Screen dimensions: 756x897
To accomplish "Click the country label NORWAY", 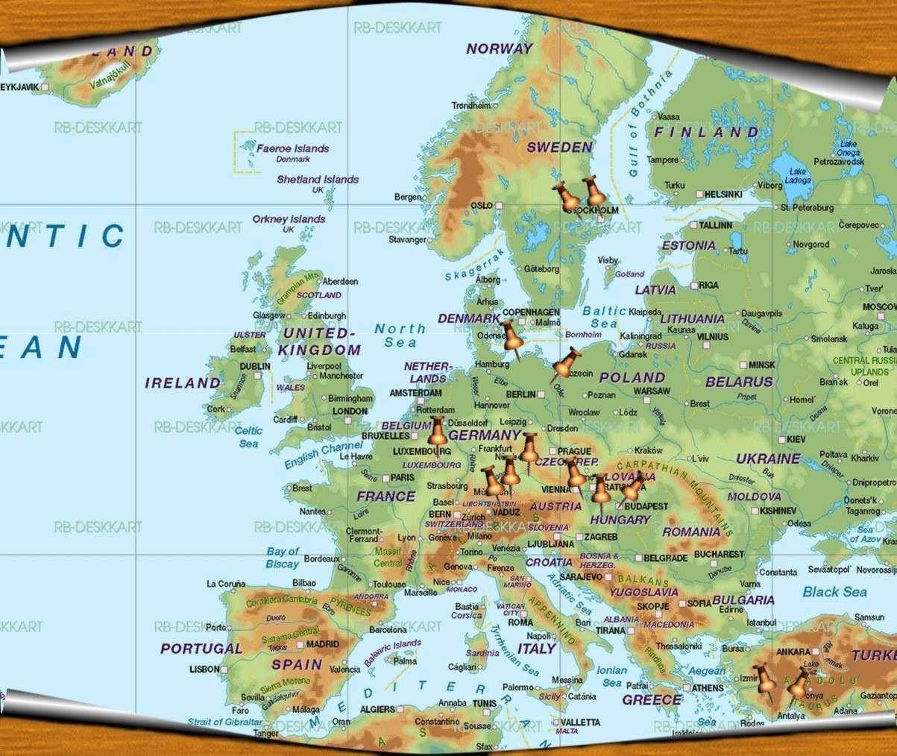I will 500,48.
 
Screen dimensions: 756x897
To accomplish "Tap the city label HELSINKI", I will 723,195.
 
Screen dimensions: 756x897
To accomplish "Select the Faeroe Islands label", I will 292,149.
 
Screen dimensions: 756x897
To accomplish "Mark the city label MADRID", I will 322,644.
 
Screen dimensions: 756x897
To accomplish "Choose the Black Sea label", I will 834,592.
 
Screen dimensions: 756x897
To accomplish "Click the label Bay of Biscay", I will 282,558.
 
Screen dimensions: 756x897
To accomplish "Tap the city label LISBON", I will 204,670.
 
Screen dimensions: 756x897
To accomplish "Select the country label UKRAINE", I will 768,459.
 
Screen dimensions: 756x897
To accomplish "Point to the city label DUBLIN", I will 255,367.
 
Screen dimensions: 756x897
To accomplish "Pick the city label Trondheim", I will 471,106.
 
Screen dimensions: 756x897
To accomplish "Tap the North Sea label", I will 400,336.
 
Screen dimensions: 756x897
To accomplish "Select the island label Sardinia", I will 482,653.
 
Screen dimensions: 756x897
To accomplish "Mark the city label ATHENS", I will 707,688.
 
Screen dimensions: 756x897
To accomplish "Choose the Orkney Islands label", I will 289,220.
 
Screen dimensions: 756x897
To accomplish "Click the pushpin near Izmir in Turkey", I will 765,681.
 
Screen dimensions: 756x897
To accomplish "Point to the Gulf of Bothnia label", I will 646,123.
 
